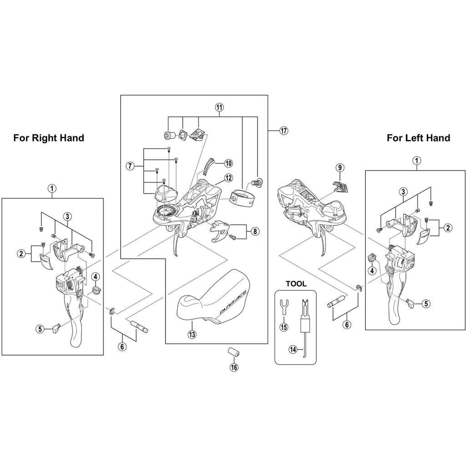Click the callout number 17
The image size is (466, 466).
[x=284, y=131]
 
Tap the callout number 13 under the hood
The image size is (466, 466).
[x=192, y=334]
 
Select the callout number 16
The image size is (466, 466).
[x=234, y=367]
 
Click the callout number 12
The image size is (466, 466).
[x=228, y=178]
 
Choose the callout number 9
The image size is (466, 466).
[x=339, y=167]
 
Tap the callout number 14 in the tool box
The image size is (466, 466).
[x=293, y=349]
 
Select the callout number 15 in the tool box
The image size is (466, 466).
[x=284, y=327]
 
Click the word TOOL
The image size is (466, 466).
[x=296, y=284]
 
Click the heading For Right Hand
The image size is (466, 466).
[x=49, y=138]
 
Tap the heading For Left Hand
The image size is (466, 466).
[x=419, y=138]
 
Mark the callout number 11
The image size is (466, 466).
[x=219, y=106]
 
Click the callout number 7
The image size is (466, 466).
[x=130, y=166]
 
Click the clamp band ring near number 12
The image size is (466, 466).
[x=242, y=196]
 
